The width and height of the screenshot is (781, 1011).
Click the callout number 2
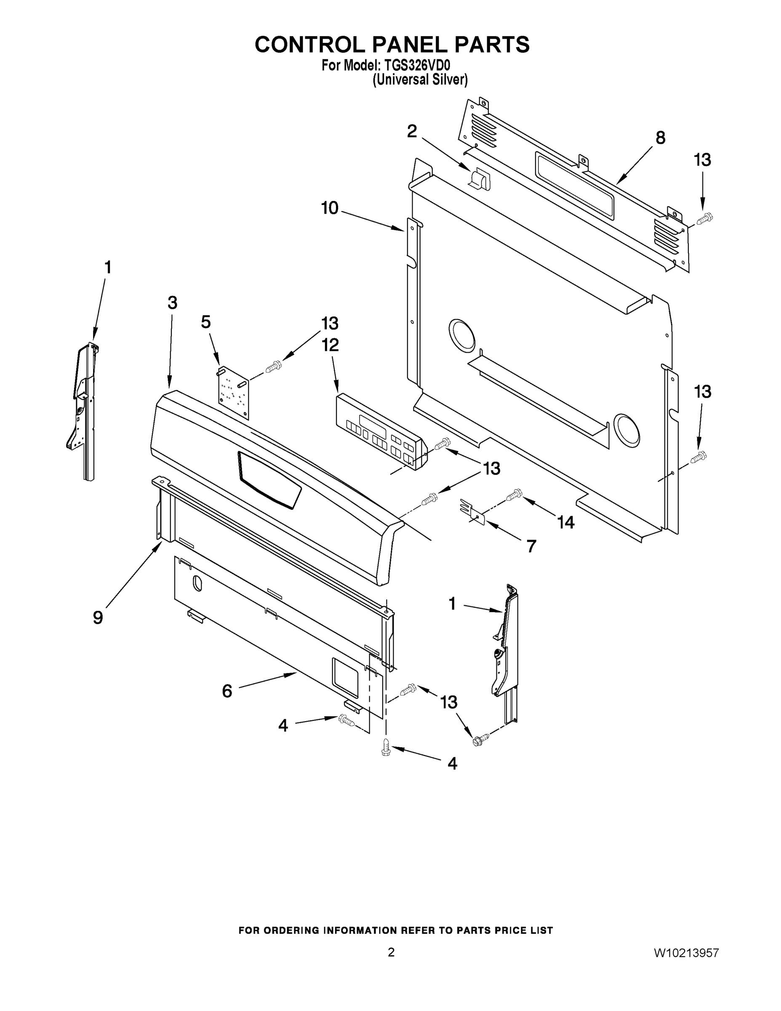tap(412, 131)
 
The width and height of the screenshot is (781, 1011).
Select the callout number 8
tap(660, 137)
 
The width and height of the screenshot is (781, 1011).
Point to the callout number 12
tap(331, 345)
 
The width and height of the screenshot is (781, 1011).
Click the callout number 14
tap(565, 522)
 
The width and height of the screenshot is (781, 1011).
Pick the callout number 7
tap(531, 546)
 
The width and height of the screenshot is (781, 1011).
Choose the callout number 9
tap(98, 617)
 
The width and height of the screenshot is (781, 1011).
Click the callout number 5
tap(206, 322)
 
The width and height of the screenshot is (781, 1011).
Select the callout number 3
tap(172, 303)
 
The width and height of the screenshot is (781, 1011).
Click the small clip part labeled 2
tap(479, 179)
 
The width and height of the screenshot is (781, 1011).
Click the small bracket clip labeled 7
tap(473, 511)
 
